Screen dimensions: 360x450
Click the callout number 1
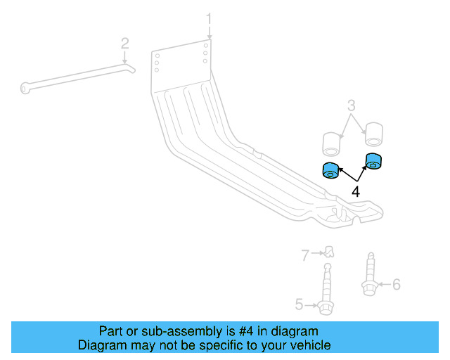[208, 18]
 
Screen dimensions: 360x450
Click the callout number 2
[124, 44]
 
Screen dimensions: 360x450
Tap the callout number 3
[352, 106]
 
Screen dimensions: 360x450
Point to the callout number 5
[299, 304]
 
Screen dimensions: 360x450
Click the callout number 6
[396, 284]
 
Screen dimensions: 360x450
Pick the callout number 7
[305, 255]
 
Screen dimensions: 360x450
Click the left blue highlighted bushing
[329, 170]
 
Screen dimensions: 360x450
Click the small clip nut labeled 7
[328, 251]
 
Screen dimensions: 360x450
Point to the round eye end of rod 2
[25, 88]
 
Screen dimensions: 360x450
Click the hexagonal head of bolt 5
[325, 307]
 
